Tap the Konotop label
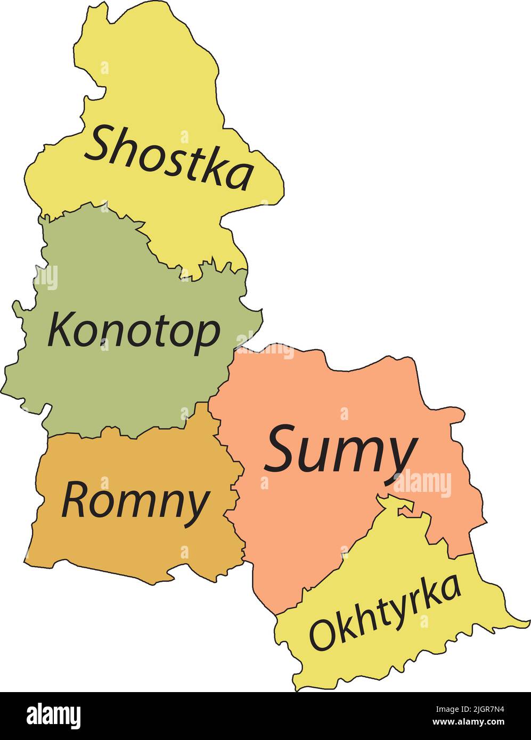[133, 331]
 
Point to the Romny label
[135, 500]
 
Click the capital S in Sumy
[284, 448]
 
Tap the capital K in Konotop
[60, 329]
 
